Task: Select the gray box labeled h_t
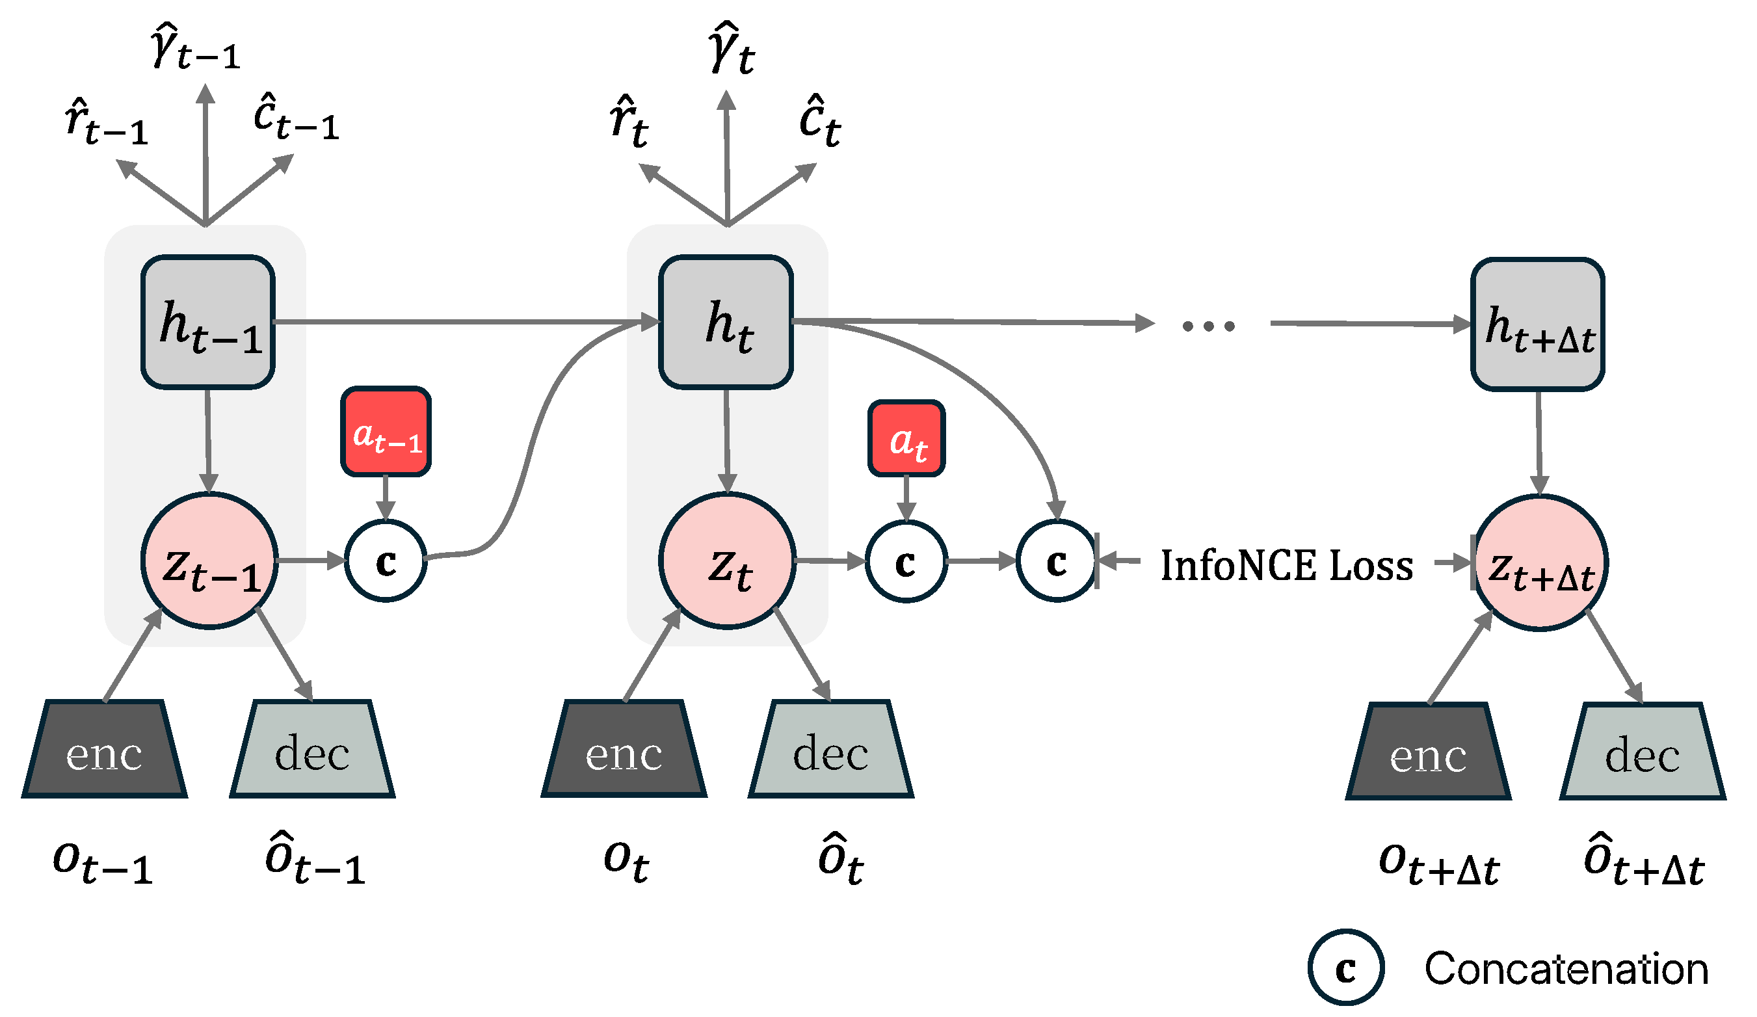click(726, 322)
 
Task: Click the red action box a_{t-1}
click(386, 432)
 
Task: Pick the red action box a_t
click(906, 439)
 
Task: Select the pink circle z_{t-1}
click(209, 561)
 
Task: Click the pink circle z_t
click(727, 561)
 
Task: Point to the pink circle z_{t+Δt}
click(1540, 563)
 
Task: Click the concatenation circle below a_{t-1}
click(386, 561)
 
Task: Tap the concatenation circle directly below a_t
click(906, 562)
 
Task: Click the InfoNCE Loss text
click(1286, 565)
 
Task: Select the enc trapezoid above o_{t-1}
click(105, 749)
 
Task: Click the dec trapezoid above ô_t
click(830, 749)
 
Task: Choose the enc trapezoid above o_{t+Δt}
click(1428, 752)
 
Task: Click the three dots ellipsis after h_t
click(1208, 326)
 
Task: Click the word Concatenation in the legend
click(1566, 969)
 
